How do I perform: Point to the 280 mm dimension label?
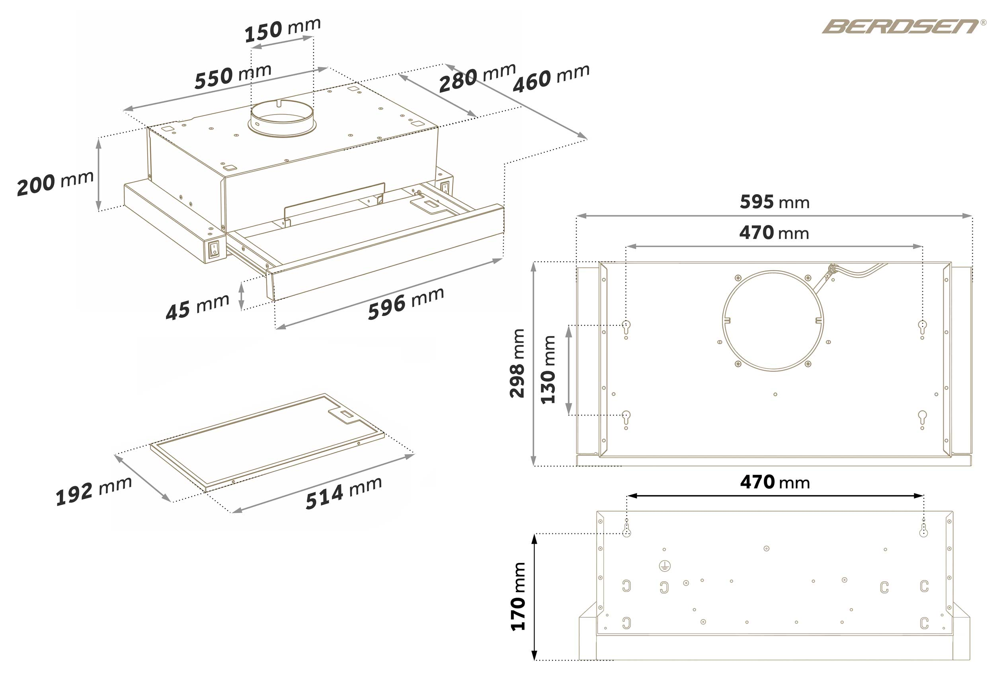click(477, 78)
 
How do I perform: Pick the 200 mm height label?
click(55, 183)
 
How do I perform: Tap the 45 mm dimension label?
click(197, 307)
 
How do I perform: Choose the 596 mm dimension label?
click(406, 304)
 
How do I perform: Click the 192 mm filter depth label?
click(94, 491)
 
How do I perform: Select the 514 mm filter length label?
click(343, 493)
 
